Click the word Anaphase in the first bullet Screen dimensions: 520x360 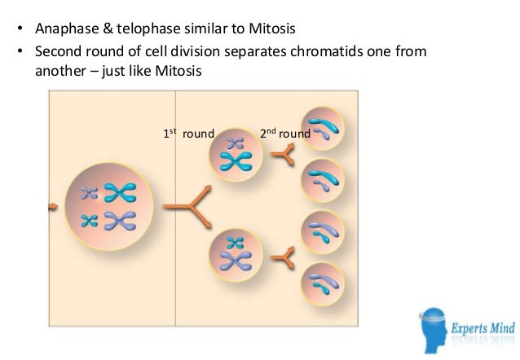tap(64, 32)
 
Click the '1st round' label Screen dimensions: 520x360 tap(187, 134)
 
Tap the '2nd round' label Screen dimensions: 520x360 tap(284, 134)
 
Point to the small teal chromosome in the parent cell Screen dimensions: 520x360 tap(90, 194)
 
